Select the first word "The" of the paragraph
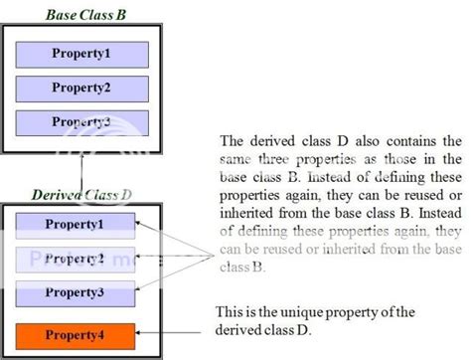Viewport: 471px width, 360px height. [x=232, y=140]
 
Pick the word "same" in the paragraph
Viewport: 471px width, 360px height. [x=236, y=157]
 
